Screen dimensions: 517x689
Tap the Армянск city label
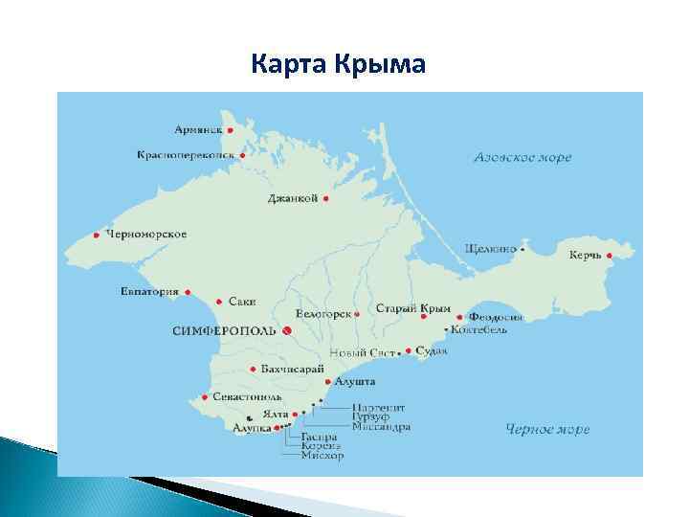coord(199,129)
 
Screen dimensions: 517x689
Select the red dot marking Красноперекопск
coord(242,154)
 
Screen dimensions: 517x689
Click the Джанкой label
coord(293,199)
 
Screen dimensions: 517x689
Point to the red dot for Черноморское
coord(97,235)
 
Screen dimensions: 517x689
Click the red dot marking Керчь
coord(609,256)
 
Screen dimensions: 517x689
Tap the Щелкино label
coord(490,248)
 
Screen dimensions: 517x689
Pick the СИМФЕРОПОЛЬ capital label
coord(224,330)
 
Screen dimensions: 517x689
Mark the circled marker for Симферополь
coord(286,330)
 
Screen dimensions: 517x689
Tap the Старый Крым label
coord(411,308)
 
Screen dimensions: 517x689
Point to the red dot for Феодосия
coord(460,317)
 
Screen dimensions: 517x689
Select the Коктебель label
coord(479,330)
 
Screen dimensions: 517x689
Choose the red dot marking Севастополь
coord(205,396)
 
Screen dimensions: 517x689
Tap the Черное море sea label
coord(547,428)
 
